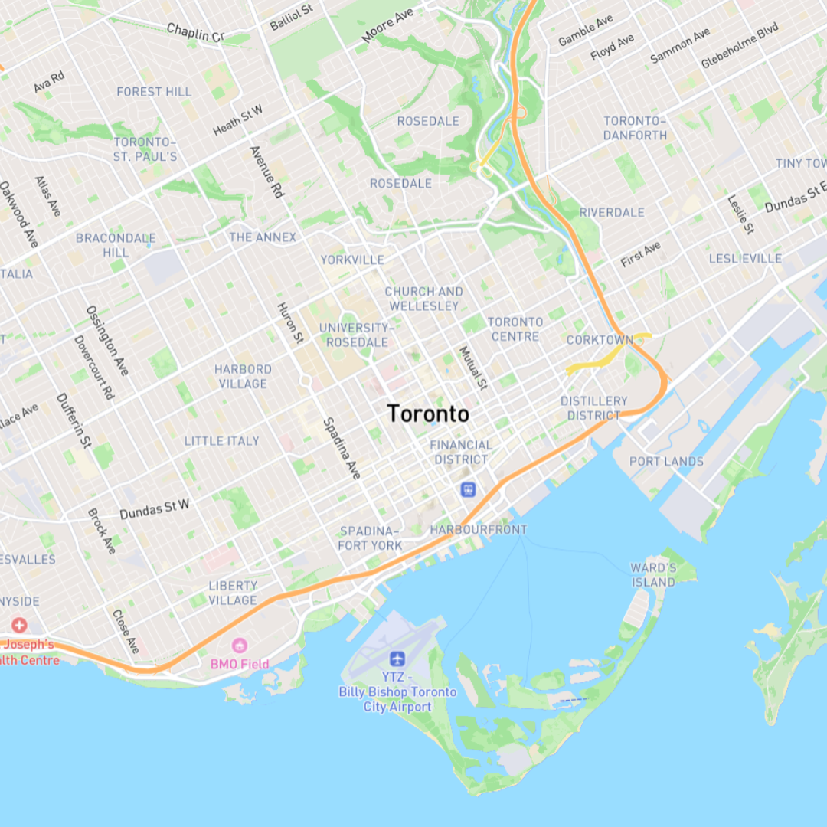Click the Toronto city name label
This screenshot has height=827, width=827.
(x=428, y=413)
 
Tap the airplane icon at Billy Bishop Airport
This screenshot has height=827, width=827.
(x=397, y=659)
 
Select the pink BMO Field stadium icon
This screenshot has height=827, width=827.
(x=240, y=646)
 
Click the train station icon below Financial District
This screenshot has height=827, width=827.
(x=467, y=489)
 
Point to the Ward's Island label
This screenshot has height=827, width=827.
(x=653, y=574)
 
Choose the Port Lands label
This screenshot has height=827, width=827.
(x=666, y=461)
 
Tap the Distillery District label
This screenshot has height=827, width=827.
(x=593, y=408)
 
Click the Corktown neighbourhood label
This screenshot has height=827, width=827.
(x=600, y=339)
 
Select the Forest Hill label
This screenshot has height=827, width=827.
(x=154, y=92)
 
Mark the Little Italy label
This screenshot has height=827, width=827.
(x=221, y=441)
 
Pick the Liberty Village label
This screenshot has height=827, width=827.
(x=233, y=593)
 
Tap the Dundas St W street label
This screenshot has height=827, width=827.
(x=155, y=509)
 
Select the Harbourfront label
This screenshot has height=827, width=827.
(x=479, y=530)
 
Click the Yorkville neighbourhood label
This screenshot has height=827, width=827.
(x=352, y=260)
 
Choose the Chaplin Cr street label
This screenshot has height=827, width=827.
(x=195, y=32)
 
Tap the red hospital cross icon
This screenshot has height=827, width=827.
(x=18, y=626)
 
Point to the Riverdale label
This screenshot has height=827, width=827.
(x=612, y=212)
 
